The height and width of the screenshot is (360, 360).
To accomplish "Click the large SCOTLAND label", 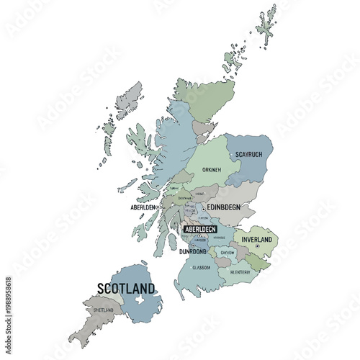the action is pos(126,289).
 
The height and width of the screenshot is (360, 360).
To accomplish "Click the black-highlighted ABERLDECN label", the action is pos(200,229).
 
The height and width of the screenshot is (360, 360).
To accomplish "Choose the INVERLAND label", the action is pos(256,239).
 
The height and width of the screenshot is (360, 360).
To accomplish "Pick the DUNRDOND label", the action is pos(193,251).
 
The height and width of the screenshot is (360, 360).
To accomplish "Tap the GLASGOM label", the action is pos(201,267).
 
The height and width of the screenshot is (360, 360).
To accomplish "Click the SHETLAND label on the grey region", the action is pos(103,310).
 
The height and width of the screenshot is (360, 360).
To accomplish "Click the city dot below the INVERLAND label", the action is pos(256,247).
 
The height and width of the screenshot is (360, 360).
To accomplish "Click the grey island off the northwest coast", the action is pos(130,99).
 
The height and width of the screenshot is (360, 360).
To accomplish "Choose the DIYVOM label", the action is pos(226,253).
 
